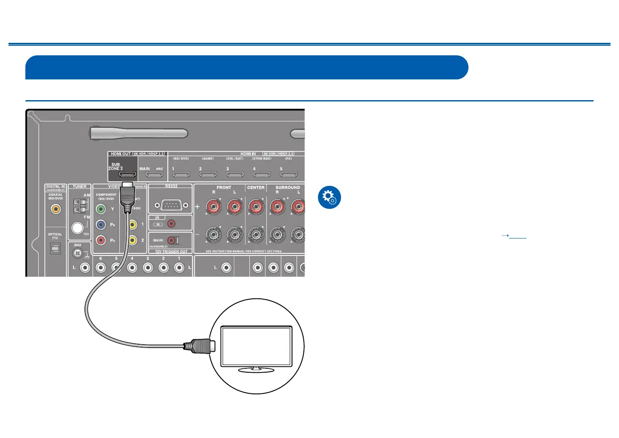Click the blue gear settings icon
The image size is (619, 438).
(329, 198)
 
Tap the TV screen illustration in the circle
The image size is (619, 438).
(256, 346)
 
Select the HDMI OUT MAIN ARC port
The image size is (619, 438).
(154, 174)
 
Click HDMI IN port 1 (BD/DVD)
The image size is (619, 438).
(181, 174)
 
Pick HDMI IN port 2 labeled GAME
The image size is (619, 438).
(208, 174)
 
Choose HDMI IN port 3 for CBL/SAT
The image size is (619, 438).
(235, 174)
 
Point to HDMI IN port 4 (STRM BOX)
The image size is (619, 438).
(262, 174)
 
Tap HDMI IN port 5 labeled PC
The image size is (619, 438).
(289, 174)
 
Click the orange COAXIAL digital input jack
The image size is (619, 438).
(55, 209)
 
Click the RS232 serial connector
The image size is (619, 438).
(170, 205)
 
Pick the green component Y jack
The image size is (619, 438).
(101, 209)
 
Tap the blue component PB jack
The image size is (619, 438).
(101, 225)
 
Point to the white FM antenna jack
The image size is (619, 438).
(77, 228)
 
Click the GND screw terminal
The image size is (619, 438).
(77, 254)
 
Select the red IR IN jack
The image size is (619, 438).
(171, 224)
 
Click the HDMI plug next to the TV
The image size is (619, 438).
(199, 345)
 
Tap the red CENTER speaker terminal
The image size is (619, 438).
(256, 207)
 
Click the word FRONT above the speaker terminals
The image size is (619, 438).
(224, 187)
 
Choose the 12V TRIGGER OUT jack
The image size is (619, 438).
(172, 240)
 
